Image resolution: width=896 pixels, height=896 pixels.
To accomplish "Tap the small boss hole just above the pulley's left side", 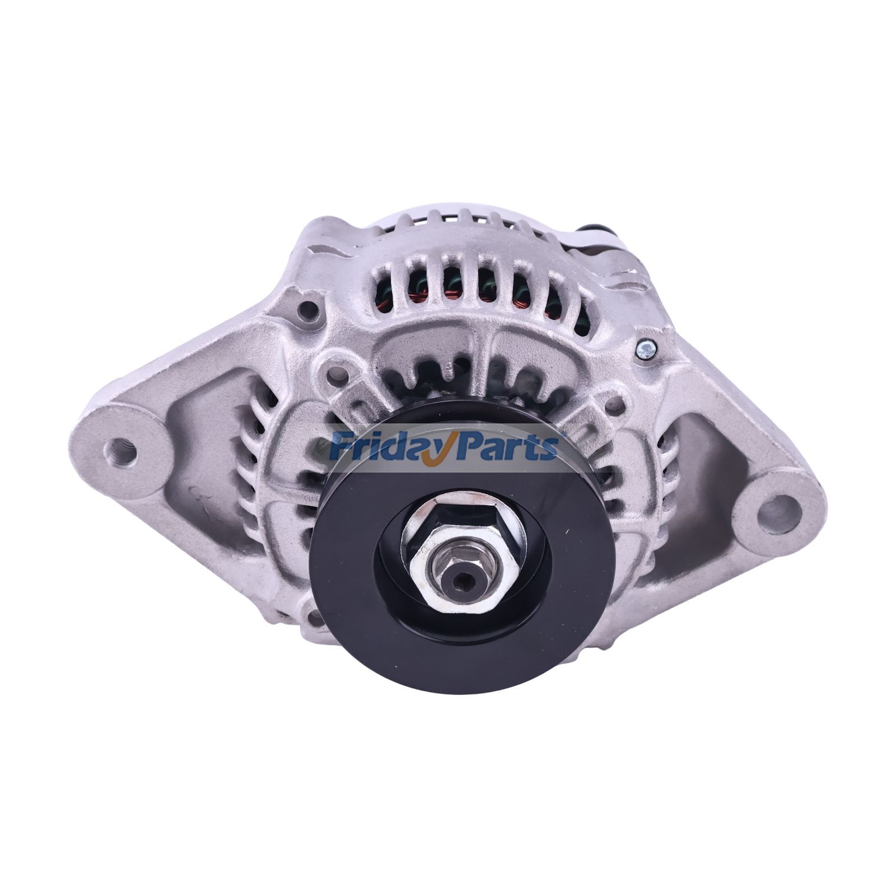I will tap(337, 372).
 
